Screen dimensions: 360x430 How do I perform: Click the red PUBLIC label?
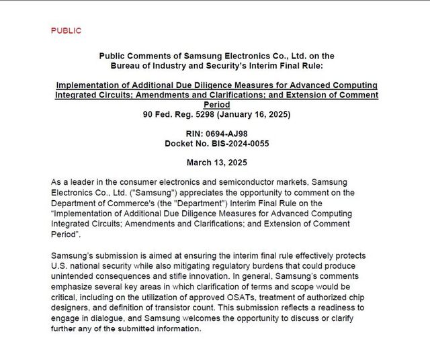pos(66,31)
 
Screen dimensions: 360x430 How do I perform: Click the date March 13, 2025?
pos(216,163)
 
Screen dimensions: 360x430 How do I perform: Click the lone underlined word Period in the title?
pos(216,105)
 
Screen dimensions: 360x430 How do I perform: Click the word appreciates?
pos(175,193)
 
